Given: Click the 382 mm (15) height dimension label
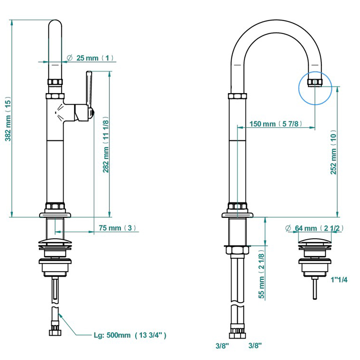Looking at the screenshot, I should [x=8, y=119].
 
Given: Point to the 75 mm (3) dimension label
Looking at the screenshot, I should [x=117, y=228].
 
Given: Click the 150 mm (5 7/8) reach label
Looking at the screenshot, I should [x=276, y=124].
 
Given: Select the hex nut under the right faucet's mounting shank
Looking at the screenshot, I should [x=237, y=251].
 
